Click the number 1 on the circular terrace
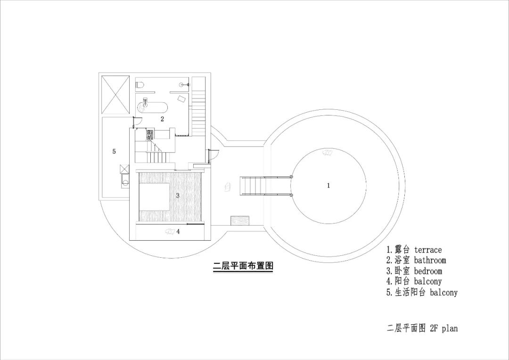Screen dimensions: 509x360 click(328, 186)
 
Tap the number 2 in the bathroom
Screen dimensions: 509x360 click(162, 119)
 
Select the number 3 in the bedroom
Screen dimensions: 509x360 click(178, 195)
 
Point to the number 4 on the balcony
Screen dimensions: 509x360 click(178, 231)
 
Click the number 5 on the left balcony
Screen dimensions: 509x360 click(114, 151)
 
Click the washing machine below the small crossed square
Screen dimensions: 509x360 click(125, 180)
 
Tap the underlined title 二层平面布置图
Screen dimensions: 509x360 click(243, 266)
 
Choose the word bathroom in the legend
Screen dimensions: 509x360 click(430, 260)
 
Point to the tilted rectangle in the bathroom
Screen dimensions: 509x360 click(181, 98)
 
